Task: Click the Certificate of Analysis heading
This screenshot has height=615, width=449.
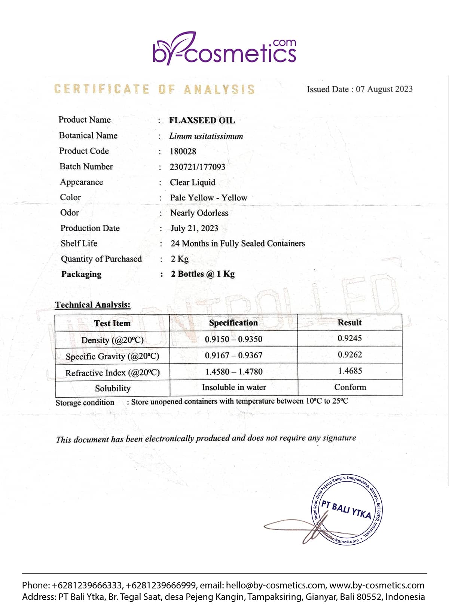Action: [154, 89]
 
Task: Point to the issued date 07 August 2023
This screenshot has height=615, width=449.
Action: [384, 89]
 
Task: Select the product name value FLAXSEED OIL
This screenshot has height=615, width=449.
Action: [202, 120]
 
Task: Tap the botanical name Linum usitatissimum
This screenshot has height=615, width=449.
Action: [206, 136]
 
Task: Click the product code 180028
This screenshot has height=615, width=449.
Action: [183, 152]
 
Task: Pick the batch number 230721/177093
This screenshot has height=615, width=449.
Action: [197, 167]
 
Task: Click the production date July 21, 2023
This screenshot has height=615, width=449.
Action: [194, 228]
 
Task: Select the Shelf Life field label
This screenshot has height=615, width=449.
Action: [79, 244]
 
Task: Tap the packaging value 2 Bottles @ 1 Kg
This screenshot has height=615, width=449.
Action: [203, 274]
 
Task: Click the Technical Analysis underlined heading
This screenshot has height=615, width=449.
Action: [92, 305]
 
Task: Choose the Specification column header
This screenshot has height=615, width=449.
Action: [233, 323]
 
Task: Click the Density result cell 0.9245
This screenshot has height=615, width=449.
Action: [349, 339]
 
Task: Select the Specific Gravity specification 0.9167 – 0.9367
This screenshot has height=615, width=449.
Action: [233, 355]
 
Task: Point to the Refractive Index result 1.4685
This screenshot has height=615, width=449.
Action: [350, 371]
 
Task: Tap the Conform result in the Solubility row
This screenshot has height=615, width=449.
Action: [350, 387]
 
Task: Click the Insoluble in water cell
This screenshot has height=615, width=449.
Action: [234, 388]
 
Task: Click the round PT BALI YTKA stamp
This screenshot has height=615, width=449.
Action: [347, 510]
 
